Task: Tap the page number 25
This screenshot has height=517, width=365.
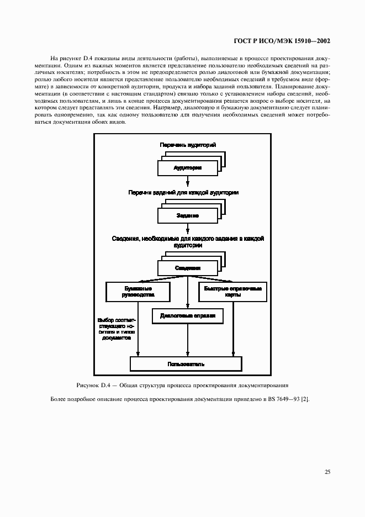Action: click(x=327, y=472)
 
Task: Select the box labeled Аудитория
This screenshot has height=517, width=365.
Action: click(x=188, y=167)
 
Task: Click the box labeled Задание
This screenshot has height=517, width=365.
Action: click(x=188, y=215)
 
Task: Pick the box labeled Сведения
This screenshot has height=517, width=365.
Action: click(x=188, y=268)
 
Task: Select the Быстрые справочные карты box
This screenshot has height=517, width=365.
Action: click(x=232, y=291)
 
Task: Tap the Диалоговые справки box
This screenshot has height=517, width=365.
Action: click(x=188, y=315)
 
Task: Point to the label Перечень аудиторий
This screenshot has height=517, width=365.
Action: click(x=188, y=145)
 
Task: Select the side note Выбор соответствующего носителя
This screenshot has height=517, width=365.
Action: click(x=115, y=329)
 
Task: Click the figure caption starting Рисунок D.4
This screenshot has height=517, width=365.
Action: click(x=183, y=384)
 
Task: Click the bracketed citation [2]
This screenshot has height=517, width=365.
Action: click(x=304, y=399)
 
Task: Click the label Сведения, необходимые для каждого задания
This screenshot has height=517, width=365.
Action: click(x=188, y=241)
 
